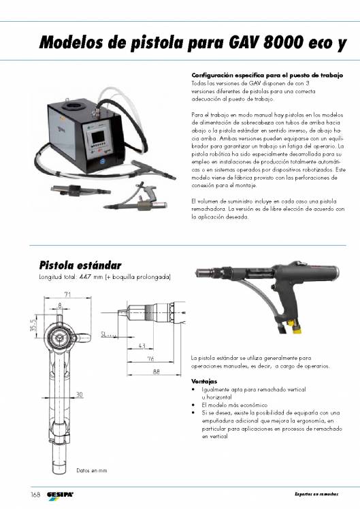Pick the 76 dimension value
(x=150, y=359)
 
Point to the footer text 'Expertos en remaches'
(x=316, y=493)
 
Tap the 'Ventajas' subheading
(x=205, y=381)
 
